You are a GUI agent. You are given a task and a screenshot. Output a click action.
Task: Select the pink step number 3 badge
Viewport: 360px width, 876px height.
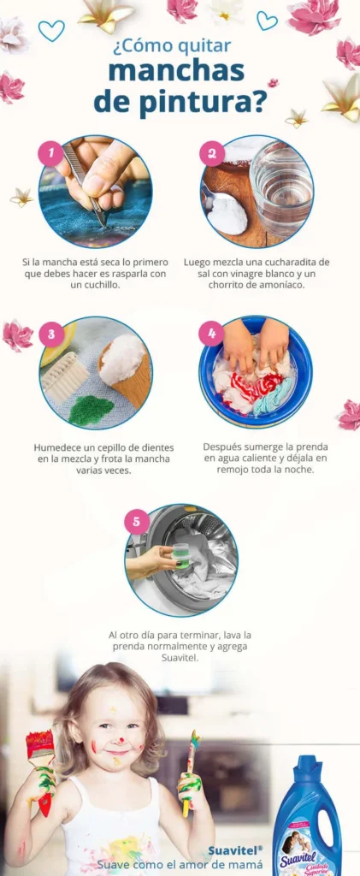51,334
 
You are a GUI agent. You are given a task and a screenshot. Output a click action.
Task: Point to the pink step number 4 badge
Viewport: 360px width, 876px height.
212,334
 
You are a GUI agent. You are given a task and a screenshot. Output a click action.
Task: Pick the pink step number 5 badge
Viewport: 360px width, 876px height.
137,523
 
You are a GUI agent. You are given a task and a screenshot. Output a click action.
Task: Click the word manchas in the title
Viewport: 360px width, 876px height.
176,72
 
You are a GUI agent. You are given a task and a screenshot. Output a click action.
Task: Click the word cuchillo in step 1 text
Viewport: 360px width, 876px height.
96,285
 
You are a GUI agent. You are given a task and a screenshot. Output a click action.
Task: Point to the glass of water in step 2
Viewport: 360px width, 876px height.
280,187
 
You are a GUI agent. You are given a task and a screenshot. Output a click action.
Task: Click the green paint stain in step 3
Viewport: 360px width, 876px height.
91,411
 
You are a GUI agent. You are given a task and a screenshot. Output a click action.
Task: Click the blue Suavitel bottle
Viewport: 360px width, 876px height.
307,817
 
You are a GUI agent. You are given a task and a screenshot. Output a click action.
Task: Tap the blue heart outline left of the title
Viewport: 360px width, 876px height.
51,31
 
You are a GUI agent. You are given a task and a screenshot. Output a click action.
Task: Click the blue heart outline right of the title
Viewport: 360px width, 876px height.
267,21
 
